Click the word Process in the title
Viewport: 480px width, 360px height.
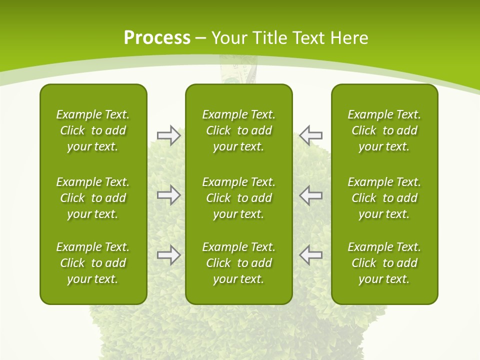(157, 38)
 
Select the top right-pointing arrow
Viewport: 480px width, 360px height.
(168, 135)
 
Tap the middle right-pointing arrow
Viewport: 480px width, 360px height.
(168, 195)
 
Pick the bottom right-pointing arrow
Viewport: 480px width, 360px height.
(168, 255)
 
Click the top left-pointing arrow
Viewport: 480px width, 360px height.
(310, 135)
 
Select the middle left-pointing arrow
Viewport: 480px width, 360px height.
(310, 195)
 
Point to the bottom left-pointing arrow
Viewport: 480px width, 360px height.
(310, 255)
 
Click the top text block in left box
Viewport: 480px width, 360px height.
(93, 130)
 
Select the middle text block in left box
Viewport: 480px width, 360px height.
(93, 198)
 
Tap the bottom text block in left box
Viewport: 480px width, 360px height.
(93, 263)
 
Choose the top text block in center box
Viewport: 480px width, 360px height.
(238, 130)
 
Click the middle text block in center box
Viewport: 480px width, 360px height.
(238, 198)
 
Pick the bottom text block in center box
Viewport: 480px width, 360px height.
(238, 263)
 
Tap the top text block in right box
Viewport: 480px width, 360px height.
(384, 130)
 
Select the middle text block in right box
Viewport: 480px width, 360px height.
(384, 198)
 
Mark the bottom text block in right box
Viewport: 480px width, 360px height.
(384, 263)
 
